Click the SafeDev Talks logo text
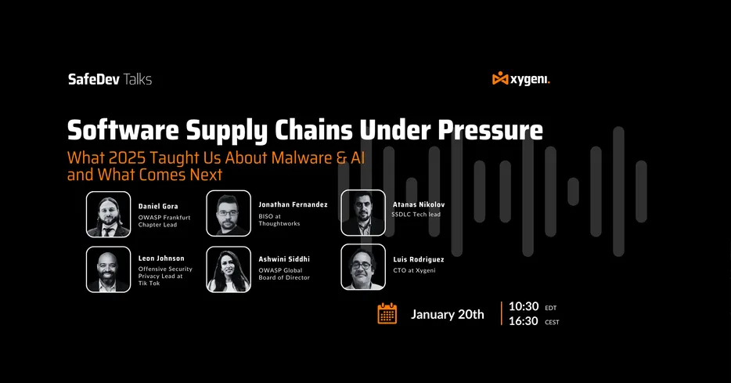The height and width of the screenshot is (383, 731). tap(110, 79)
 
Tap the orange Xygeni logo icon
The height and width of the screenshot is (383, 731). tap(500, 78)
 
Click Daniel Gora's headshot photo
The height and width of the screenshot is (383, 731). tap(108, 214)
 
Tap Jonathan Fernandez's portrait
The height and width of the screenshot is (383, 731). tap(229, 213)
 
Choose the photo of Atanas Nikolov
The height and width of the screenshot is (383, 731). tap(363, 212)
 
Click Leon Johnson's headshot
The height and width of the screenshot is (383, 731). tap(108, 269)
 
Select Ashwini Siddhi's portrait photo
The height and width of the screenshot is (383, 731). tap(229, 269)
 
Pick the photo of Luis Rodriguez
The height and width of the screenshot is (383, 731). tap(363, 267)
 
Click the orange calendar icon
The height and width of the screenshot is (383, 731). tap(387, 313)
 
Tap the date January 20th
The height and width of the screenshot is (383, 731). tap(447, 314)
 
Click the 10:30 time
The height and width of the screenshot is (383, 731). tap(524, 306)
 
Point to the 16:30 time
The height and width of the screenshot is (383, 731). tap(523, 321)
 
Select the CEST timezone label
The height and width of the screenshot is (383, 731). tap(552, 323)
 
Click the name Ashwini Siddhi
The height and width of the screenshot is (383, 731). tap(284, 259)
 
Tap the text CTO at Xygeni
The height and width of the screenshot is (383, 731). tap(415, 270)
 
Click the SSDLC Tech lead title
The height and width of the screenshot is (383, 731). tap(416, 215)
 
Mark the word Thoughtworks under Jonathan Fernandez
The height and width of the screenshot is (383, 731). tap(279, 224)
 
